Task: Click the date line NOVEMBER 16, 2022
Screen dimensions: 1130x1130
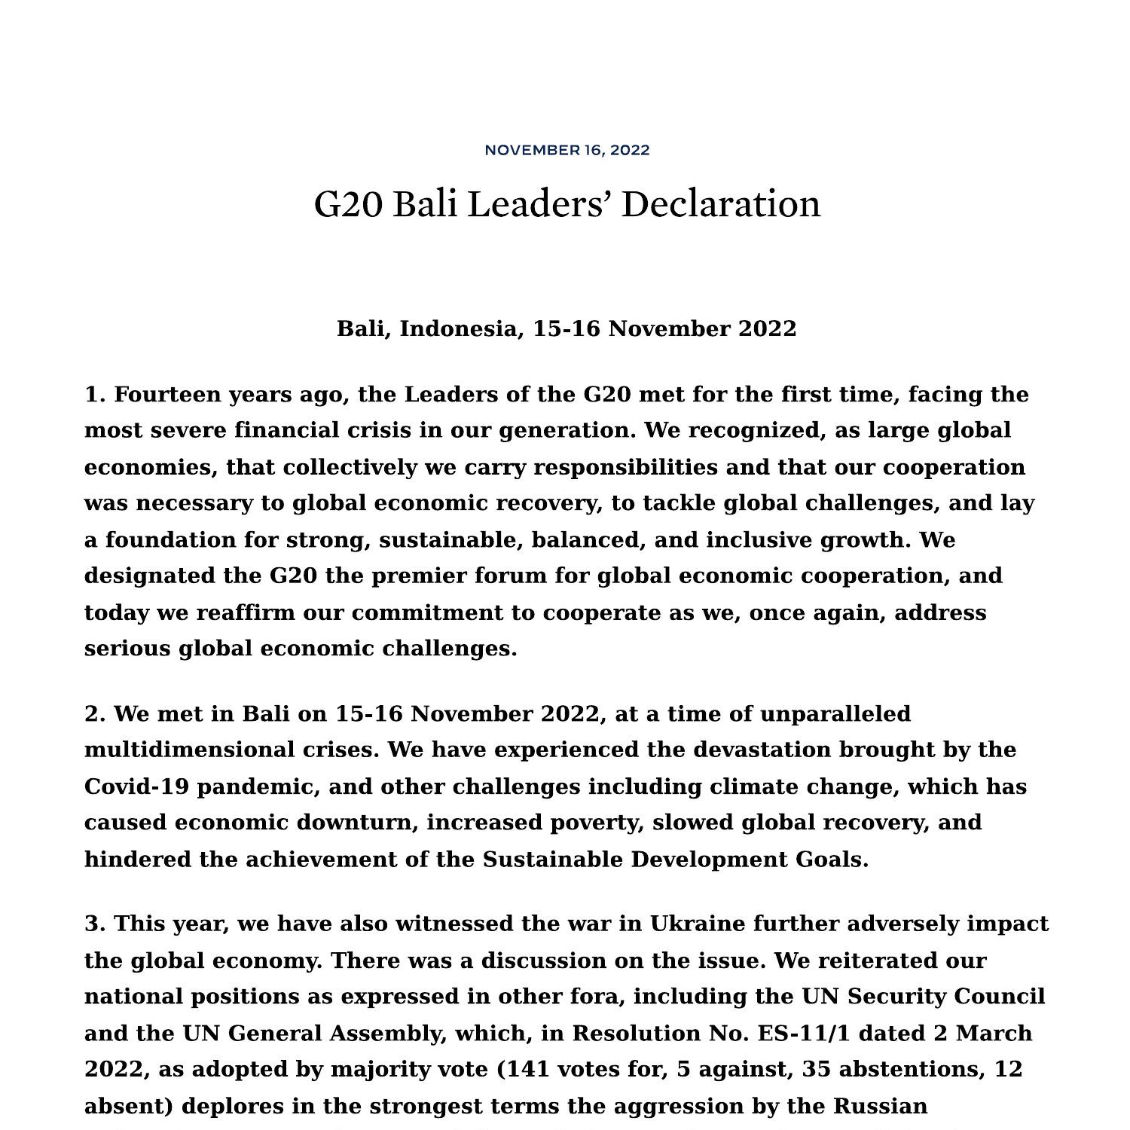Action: point(567,150)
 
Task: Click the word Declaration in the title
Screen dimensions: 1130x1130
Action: point(720,204)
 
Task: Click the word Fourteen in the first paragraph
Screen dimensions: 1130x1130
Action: point(166,395)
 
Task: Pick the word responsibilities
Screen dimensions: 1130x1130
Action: point(625,468)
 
